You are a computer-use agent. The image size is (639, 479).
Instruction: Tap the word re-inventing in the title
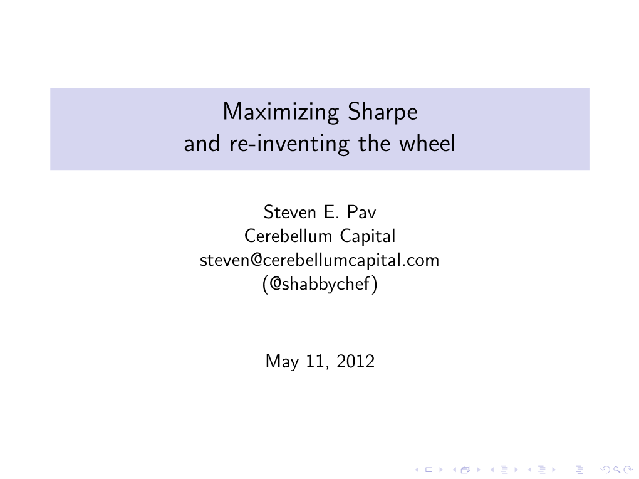click(x=289, y=144)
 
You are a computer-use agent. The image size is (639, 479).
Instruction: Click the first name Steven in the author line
click(x=290, y=212)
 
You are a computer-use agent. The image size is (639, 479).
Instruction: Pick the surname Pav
click(x=361, y=212)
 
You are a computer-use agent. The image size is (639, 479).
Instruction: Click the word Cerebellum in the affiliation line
click(x=288, y=236)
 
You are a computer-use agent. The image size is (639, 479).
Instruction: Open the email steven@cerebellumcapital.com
click(x=319, y=260)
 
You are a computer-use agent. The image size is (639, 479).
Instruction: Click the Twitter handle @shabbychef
click(x=320, y=284)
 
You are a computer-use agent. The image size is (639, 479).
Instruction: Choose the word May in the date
click(x=282, y=362)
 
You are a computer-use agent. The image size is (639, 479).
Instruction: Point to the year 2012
click(x=355, y=362)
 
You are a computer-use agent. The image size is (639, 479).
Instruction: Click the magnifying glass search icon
click(x=617, y=470)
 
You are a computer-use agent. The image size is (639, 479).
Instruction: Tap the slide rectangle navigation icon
click(x=429, y=470)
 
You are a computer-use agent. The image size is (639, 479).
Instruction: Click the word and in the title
click(x=202, y=144)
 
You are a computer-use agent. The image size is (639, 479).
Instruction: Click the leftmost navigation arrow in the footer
click(x=417, y=470)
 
